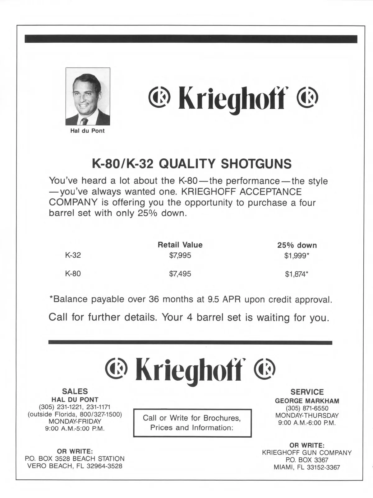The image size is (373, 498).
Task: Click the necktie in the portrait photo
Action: pos(84,121)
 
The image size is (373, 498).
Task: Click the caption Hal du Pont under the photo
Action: pos(87,131)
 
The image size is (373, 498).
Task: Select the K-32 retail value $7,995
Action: pos(180,256)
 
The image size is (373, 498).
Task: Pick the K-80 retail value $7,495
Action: pos(180,274)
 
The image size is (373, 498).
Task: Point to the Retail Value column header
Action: pos(180,245)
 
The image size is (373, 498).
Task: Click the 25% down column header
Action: pos(297,245)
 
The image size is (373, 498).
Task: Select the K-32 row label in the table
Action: pos(73,255)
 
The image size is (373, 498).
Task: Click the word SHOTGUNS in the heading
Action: pos(256,164)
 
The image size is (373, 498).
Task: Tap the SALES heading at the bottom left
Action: pos(75,391)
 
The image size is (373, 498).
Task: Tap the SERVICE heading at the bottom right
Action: pos(307,392)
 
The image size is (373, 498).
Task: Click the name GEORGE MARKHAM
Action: pos(307,401)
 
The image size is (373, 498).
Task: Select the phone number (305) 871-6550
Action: pos(307,408)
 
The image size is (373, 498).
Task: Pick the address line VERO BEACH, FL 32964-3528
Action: pos(75,466)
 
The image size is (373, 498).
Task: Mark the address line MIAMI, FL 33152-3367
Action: pos(307,467)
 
